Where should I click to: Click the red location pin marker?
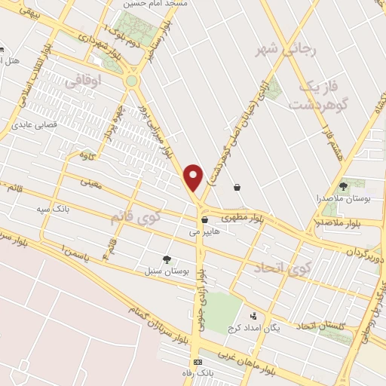pos(194,176)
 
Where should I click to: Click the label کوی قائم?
pos(136,219)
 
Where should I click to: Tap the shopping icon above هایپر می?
pos(204,220)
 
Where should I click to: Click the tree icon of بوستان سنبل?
pos(167,259)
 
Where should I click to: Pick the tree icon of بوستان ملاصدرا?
pos(343,185)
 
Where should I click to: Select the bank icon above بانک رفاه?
pos(198,362)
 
